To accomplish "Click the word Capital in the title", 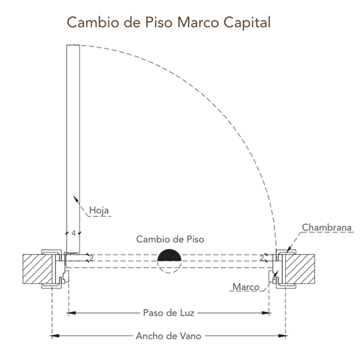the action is coord(247,23).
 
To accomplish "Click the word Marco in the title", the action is coord(198,22).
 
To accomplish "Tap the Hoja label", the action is coord(99,211).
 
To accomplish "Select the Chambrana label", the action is coord(327,228).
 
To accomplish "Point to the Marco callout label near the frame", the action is coord(246,287).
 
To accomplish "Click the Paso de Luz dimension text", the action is coord(168,312).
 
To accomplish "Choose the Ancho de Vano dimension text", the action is coord(168,336).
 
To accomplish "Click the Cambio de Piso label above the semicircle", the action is coord(170,239).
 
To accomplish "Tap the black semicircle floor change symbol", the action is coord(169,256).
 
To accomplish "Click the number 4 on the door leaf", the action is coord(73,233).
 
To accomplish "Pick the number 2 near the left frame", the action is coord(92,258).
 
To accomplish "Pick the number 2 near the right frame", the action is coord(262,258).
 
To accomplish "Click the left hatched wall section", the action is coord(37,269).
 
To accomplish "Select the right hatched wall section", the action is coord(300,269).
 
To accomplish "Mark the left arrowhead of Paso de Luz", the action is coord(71,312).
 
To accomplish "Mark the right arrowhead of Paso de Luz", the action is coord(266,312).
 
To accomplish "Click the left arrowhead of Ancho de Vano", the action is coord(54,336).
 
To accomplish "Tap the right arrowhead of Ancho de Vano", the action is coord(283,336).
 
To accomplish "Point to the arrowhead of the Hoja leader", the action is coord(75,198).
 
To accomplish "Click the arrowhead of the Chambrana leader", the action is coord(289,250).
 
